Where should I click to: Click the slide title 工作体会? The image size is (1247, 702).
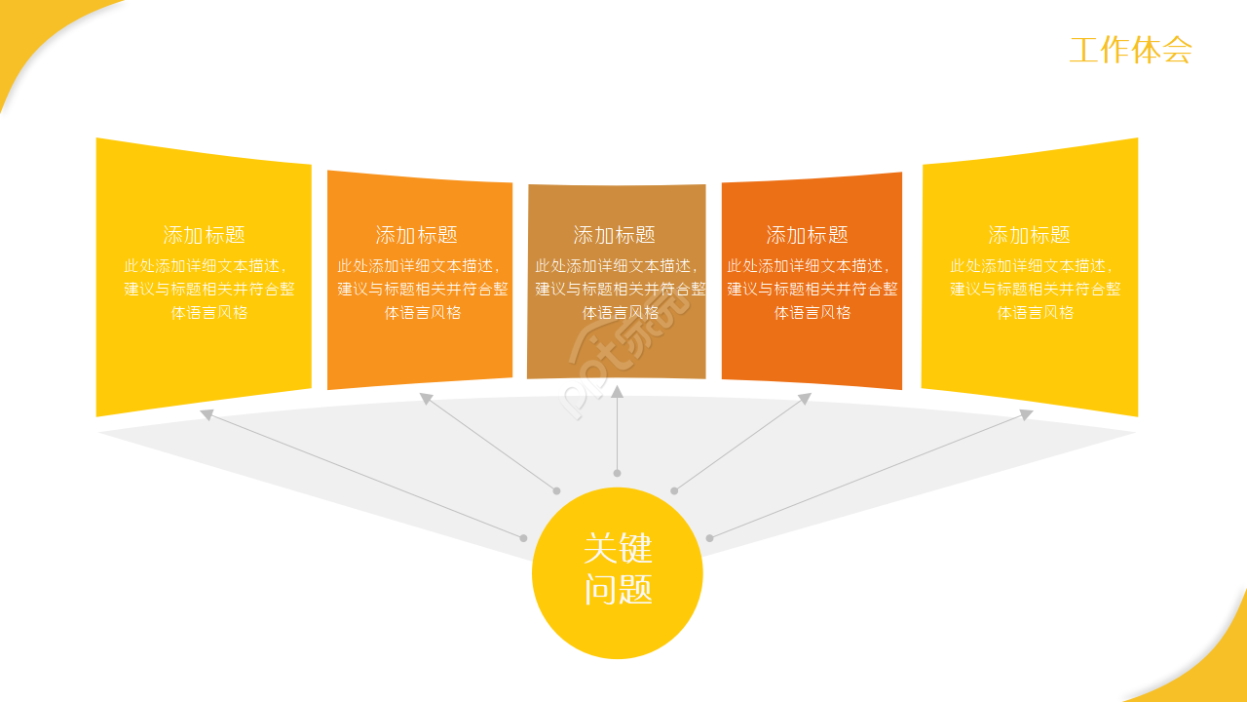[1130, 51]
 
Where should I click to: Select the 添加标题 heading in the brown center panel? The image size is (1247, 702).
[614, 235]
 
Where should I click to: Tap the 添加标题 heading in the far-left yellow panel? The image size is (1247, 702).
[204, 235]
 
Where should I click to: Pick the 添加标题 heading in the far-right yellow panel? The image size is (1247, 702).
[1029, 235]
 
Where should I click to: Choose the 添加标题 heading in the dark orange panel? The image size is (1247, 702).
[807, 235]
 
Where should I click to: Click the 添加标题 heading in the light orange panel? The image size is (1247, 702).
[416, 235]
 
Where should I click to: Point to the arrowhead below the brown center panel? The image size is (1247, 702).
[617, 391]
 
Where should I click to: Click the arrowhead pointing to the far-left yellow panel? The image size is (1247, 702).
[207, 414]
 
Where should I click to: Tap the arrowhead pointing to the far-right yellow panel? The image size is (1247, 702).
[1026, 414]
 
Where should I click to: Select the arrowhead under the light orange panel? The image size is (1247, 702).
[426, 398]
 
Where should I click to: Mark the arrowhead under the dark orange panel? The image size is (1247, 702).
[805, 398]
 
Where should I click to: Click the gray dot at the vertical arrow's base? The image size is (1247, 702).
[617, 473]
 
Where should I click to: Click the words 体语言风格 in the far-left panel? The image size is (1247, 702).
[209, 313]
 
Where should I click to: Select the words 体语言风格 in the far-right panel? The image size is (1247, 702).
[1035, 313]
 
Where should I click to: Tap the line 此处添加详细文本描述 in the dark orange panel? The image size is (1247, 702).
[809, 266]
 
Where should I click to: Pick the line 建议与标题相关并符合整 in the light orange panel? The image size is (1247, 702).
[423, 290]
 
